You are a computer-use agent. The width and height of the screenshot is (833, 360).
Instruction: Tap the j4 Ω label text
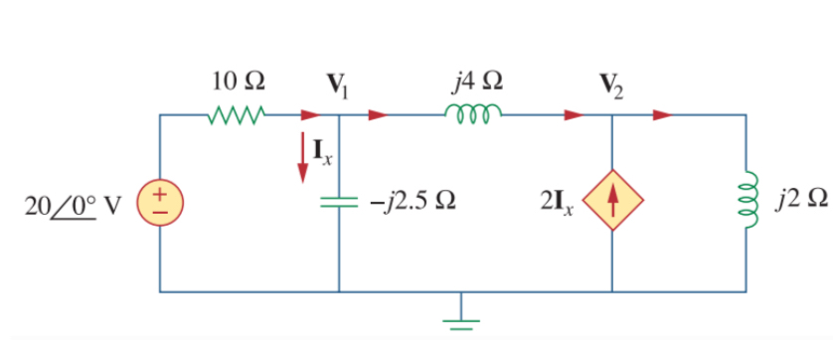pos(476,80)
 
